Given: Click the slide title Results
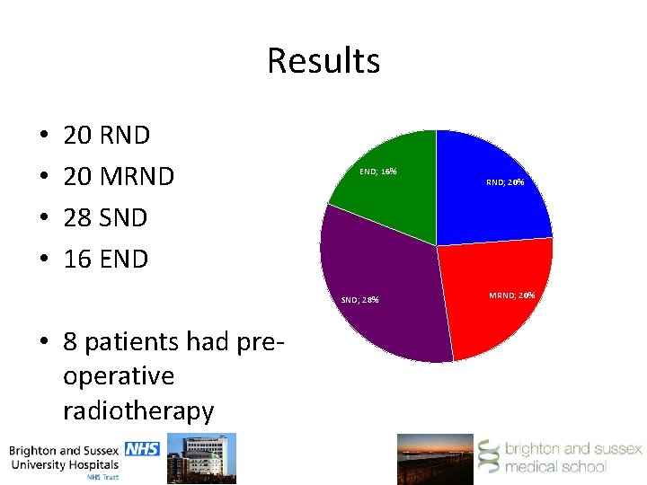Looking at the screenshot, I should pos(323,61).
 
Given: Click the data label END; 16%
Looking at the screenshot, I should pos(377,171).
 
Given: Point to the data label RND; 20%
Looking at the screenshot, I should pos(505,182).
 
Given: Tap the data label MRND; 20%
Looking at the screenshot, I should pos(512,295).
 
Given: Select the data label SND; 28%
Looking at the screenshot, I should pos(360,299).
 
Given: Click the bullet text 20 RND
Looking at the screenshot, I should pos(106,136).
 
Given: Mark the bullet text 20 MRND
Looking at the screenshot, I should pos(118,177).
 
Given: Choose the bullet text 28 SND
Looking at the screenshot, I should pos(105,217).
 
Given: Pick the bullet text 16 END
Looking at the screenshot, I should pos(105,259).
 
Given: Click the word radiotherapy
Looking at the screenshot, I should pos(138,410).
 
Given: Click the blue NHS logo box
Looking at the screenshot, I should pos(142,448).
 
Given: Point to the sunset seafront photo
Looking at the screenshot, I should pos(435,458).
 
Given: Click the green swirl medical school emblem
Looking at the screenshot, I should pos(489,457).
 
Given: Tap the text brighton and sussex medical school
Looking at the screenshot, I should pos(572,457).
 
